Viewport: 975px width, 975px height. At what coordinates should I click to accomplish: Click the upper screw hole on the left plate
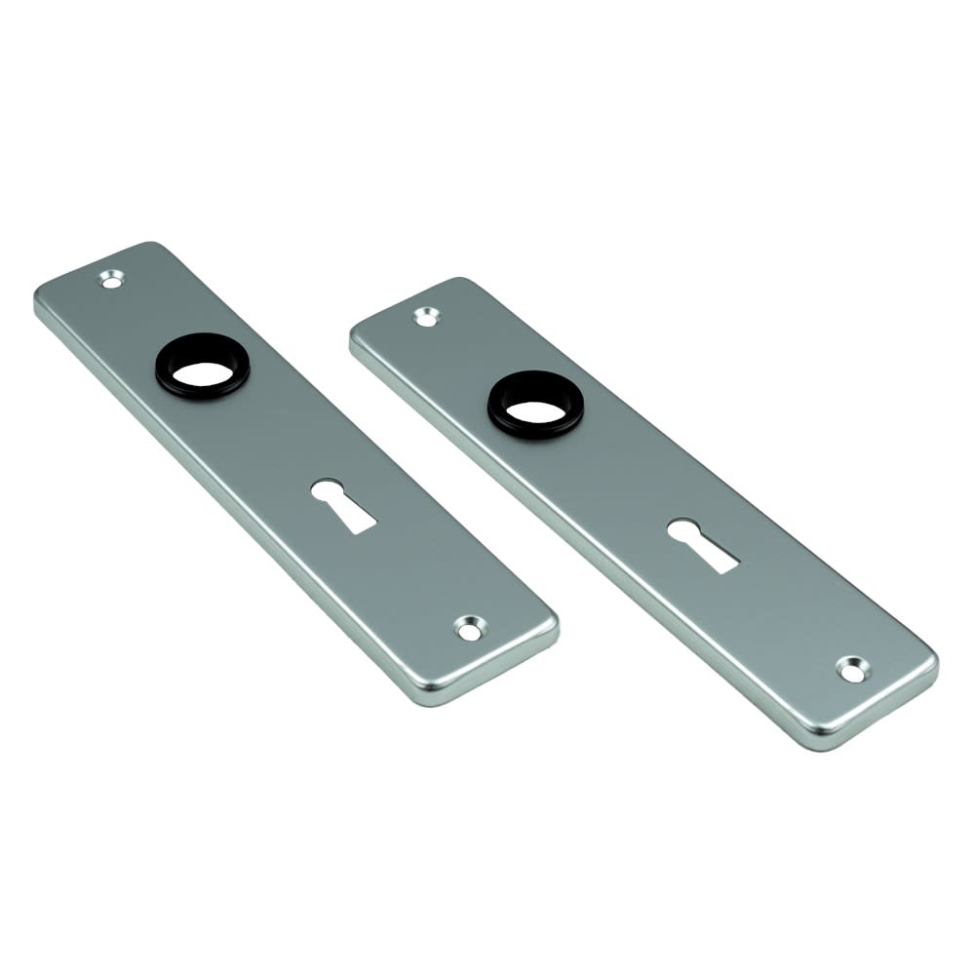(113, 280)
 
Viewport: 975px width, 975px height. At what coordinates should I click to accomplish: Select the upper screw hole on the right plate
(426, 316)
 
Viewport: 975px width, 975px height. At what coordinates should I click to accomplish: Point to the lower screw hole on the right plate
(850, 670)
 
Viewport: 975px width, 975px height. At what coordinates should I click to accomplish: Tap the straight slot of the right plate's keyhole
(716, 558)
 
